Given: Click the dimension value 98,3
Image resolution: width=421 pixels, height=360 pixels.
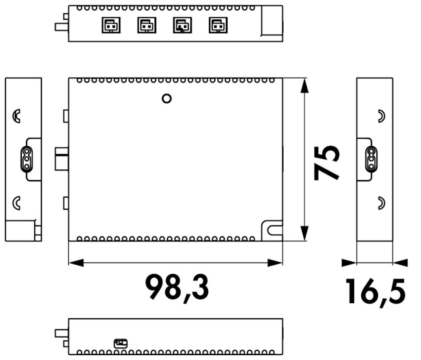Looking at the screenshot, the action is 177,288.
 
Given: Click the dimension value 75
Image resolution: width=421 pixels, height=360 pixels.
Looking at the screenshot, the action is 327,163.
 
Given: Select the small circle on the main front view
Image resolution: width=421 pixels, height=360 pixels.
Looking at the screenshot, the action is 167,98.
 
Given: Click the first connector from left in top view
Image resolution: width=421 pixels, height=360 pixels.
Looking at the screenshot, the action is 111,25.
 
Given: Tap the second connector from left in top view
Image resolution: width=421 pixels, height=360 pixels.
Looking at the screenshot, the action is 147,25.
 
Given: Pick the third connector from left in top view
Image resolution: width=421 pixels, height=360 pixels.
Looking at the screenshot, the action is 182,25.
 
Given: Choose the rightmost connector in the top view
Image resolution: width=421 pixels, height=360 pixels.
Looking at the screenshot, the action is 218,25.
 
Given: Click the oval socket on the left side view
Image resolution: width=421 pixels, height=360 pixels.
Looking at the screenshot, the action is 27,159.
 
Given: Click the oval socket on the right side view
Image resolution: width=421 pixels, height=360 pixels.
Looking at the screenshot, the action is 372,159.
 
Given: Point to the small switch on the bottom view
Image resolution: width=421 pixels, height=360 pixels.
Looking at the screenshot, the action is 121,344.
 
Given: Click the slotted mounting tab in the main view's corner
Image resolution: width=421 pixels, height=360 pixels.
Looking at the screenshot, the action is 272,230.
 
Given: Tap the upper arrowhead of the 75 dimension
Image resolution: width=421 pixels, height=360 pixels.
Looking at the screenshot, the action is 304,86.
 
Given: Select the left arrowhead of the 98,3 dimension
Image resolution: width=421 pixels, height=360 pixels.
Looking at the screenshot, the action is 76,262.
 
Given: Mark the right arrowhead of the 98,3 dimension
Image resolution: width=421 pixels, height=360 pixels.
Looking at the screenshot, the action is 275,262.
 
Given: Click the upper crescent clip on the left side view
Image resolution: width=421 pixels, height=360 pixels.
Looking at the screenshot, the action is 16,116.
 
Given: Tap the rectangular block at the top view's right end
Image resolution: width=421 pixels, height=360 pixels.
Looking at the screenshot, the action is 272,20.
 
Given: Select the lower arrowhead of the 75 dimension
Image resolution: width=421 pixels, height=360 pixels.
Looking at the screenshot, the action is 304,233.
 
